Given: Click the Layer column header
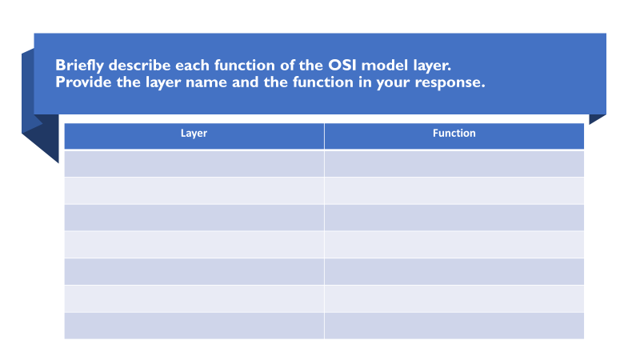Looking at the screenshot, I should (194, 134).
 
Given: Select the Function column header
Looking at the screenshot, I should (454, 134).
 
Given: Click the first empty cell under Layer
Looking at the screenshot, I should (194, 163).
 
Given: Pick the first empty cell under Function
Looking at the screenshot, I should (454, 163).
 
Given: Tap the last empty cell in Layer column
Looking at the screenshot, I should (194, 326).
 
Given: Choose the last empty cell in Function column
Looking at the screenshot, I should (454, 326).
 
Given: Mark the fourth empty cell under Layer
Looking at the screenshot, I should (194, 245).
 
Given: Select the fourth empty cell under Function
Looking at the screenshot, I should (454, 245).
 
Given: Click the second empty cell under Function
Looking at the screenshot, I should (454, 190).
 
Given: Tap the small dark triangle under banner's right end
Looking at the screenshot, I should (595, 118).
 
